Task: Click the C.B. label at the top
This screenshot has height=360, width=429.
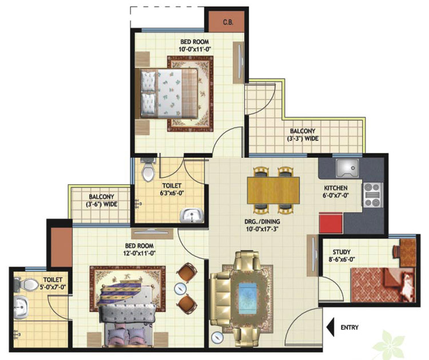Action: click(228, 22)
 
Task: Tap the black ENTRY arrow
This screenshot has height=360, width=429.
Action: click(330, 327)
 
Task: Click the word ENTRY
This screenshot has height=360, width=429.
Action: click(349, 327)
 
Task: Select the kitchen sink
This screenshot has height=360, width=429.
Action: click(347, 168)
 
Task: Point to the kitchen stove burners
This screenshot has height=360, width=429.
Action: click(372, 195)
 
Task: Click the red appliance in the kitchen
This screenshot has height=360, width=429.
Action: click(331, 223)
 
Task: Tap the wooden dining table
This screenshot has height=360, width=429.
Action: click(273, 190)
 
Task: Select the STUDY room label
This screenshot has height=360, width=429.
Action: click(341, 252)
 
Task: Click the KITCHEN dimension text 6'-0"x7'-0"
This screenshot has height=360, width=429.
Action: click(336, 196)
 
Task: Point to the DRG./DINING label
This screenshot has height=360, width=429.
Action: click(262, 221)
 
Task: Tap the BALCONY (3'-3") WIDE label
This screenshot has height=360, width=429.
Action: click(303, 134)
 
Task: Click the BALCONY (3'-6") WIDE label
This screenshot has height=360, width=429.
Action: click(101, 200)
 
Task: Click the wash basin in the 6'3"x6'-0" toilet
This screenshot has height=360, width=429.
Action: click(192, 215)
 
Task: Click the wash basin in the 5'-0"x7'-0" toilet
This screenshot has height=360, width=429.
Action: click(21, 307)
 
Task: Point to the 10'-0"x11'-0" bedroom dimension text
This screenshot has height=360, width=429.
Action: click(194, 49)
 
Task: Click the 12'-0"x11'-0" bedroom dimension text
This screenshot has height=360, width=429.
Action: click(140, 253)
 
